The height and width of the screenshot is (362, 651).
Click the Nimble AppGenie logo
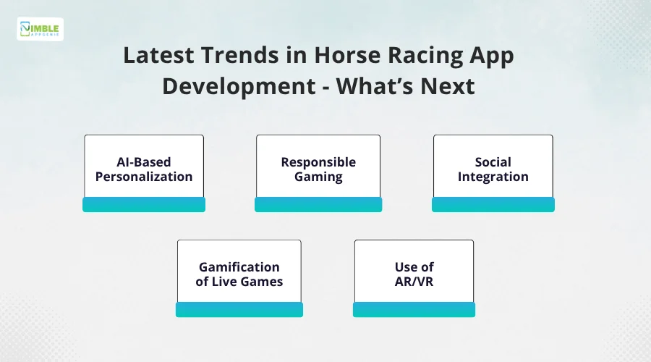[x=40, y=29]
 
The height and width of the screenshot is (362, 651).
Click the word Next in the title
[x=448, y=86]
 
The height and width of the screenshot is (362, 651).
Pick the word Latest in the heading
[x=158, y=55]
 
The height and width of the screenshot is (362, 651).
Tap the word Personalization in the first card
[x=144, y=176]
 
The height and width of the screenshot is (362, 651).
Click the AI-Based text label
[x=144, y=161]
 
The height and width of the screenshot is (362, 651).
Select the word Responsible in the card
[x=318, y=162]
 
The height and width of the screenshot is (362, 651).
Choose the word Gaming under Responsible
[x=318, y=177]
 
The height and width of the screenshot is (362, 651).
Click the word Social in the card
[x=493, y=161]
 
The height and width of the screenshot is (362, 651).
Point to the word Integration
[x=493, y=177]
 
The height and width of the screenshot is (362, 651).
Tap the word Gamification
[x=239, y=267]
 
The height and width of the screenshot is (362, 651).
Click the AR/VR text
[x=414, y=282]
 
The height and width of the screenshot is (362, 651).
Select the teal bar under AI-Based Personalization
[x=144, y=204]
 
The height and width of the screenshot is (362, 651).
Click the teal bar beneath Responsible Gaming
[x=318, y=204]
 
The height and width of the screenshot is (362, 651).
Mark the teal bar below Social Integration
[x=493, y=204]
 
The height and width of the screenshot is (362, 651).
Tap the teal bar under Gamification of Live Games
[x=239, y=310]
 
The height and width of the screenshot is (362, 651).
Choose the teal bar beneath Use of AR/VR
[x=414, y=310]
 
